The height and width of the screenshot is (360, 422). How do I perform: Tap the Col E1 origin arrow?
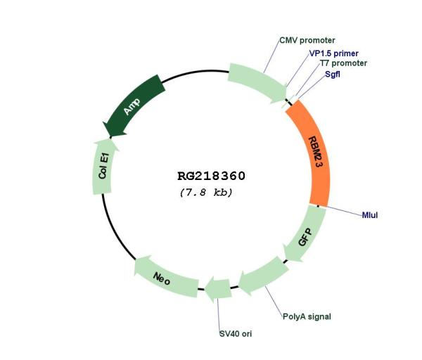[x=103, y=167]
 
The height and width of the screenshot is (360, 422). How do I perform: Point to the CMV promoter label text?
[x=307, y=40]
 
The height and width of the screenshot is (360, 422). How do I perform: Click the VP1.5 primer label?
[x=333, y=53]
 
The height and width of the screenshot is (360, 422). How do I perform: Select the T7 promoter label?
[x=343, y=63]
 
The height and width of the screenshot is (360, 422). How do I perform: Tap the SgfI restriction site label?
[x=333, y=74]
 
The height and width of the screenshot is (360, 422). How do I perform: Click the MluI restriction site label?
[x=370, y=215]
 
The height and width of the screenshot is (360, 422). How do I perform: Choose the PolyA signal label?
[x=307, y=316]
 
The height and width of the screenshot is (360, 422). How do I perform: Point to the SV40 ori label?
[x=236, y=334]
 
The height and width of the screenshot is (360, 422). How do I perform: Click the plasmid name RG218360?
[x=211, y=176]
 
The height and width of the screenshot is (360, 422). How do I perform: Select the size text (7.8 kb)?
[x=206, y=193]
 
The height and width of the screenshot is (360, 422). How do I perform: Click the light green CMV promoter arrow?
[x=257, y=82]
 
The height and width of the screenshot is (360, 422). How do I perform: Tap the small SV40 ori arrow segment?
[x=218, y=289]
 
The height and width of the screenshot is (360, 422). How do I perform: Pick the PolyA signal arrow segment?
[x=263, y=276]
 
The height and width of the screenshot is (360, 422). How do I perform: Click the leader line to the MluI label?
[x=340, y=211]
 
